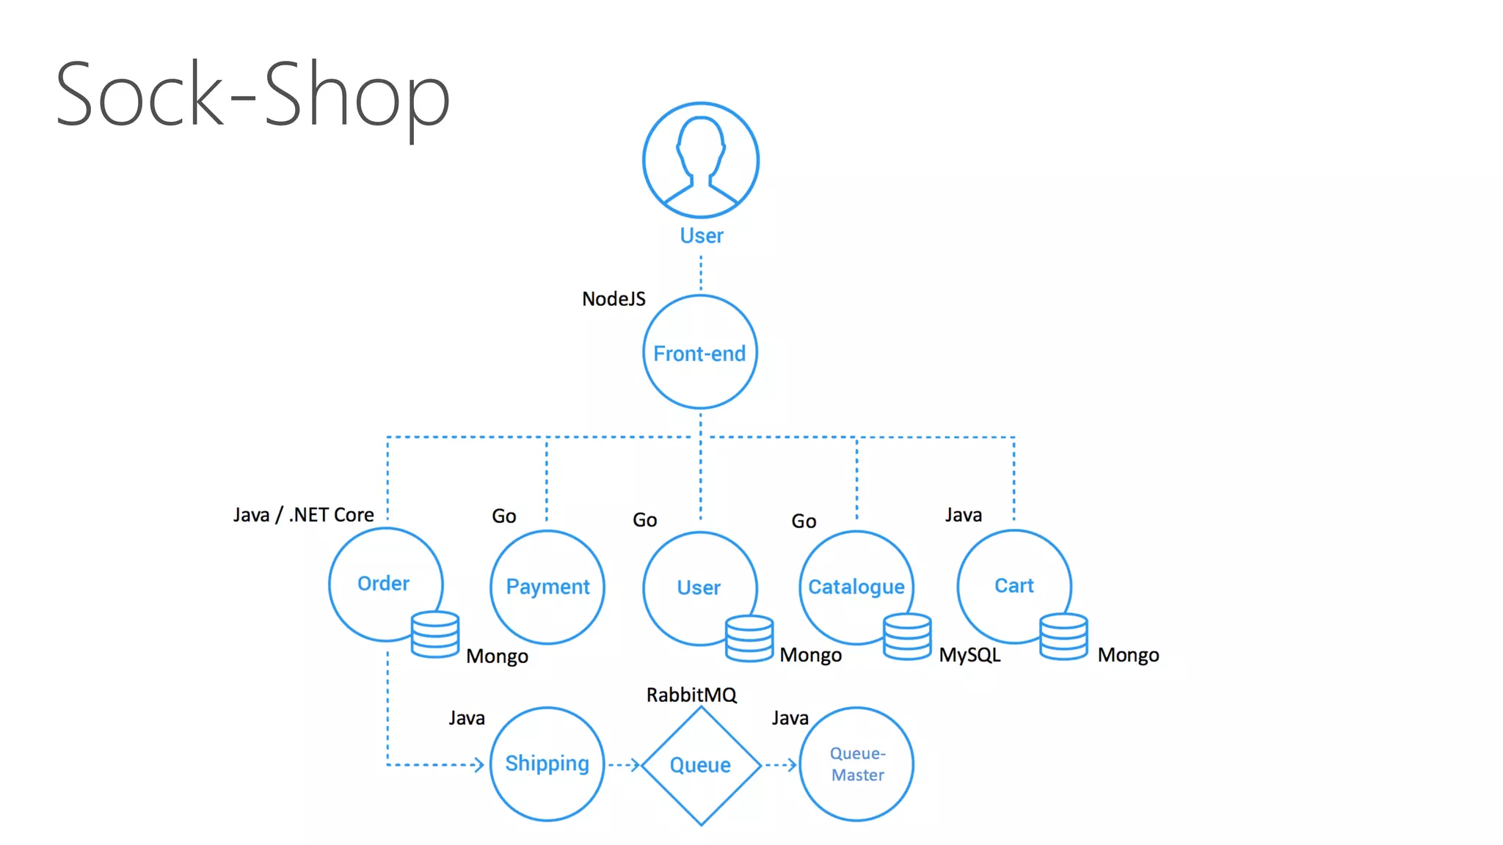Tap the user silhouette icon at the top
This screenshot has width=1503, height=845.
click(x=701, y=160)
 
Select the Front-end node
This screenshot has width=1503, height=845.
click(x=700, y=353)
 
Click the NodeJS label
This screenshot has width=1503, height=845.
click(x=614, y=299)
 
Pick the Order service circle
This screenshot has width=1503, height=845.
click(x=383, y=582)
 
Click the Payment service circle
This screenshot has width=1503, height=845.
click(x=547, y=586)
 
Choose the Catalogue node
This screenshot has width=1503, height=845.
click(x=856, y=586)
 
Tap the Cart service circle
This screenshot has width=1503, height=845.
click(x=1013, y=585)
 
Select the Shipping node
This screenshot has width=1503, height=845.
click(x=547, y=764)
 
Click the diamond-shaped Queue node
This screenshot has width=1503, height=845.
click(x=701, y=765)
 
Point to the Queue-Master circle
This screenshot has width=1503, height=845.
click(x=856, y=764)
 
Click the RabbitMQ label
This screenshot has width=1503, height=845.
click(x=691, y=695)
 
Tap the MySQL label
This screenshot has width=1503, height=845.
click(x=969, y=654)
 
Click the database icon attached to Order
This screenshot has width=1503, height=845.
click(x=435, y=634)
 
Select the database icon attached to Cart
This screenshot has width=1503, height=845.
click(x=1063, y=636)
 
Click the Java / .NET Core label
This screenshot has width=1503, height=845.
click(x=303, y=515)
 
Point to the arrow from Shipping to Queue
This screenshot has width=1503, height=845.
click(x=625, y=765)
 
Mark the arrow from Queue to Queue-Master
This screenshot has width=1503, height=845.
click(x=780, y=765)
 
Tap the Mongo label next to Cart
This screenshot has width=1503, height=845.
click(x=1128, y=654)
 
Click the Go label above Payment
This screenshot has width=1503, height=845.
click(x=503, y=516)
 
